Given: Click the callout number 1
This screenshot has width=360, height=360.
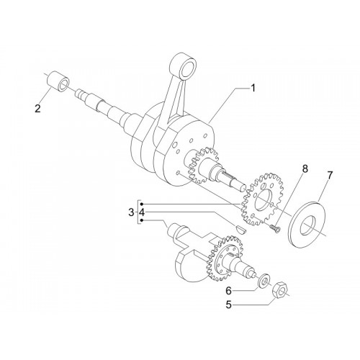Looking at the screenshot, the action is pos(252,88).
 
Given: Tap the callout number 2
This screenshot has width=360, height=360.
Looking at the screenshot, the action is pos(37,109).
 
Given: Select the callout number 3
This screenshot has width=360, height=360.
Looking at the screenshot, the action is pos(131,212).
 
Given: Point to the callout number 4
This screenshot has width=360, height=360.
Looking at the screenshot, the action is pos(142,212).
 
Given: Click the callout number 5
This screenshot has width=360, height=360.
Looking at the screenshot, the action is pos(228,305).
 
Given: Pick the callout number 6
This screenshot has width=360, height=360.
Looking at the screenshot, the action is pos(228,291).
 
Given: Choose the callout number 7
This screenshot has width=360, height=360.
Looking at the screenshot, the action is pos(330,176).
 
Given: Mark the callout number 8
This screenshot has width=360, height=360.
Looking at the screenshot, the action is pos(305,168).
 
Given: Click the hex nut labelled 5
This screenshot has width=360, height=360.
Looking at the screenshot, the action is pos(279,290).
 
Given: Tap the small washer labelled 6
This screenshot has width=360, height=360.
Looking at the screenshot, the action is pos(264,279).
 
